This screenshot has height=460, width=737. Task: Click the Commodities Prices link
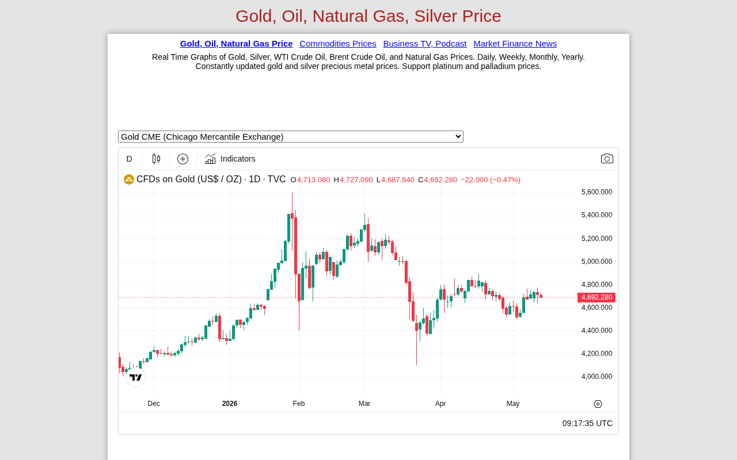point(337,44)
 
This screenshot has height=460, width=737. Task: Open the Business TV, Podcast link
point(425,44)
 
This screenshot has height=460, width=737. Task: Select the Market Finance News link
point(515,44)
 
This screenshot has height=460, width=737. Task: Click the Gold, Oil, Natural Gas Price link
point(236,44)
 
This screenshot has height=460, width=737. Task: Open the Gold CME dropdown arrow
point(458,136)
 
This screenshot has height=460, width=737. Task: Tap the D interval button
point(130,159)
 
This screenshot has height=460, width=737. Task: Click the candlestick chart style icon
point(156,159)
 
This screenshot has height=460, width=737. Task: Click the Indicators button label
point(238,159)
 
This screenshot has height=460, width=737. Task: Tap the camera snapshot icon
point(607,159)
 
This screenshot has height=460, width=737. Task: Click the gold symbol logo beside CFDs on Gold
point(128,179)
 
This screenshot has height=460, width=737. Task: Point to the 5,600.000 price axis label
point(597,192)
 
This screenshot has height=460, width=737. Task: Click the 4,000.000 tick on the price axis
point(597,377)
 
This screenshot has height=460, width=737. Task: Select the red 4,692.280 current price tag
point(597,297)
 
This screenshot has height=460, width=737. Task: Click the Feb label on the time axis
point(299,404)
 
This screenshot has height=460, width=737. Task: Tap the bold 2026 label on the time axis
point(230,404)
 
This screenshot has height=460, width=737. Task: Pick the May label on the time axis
point(513,404)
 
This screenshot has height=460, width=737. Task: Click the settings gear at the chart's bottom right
point(598,404)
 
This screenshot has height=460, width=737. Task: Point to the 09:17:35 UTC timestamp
point(587,423)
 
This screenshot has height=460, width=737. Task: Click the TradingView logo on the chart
point(135,377)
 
